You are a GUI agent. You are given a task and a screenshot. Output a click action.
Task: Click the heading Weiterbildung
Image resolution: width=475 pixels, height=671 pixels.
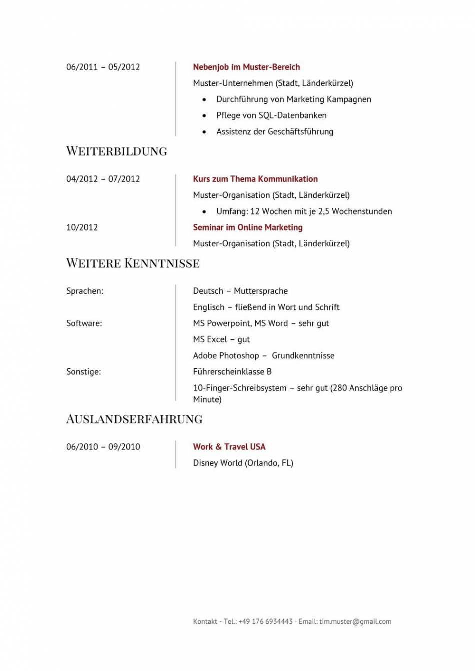pyautogui.click(x=116, y=151)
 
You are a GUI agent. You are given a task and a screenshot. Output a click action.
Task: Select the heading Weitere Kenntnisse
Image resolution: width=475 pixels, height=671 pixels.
pyautogui.click(x=133, y=263)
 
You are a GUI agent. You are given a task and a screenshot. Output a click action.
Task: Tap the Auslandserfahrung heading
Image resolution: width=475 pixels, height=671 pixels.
pyautogui.click(x=134, y=419)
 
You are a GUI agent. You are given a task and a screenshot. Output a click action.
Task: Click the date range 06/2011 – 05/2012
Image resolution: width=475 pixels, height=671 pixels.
pyautogui.click(x=103, y=67)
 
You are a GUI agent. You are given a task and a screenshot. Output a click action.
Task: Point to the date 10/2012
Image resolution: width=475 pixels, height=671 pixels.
pyautogui.click(x=82, y=227)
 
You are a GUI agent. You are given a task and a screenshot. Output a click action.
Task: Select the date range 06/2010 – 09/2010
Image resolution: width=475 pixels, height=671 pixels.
pyautogui.click(x=103, y=447)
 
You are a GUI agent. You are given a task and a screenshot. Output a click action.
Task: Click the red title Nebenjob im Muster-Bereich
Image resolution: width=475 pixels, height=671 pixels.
pyautogui.click(x=246, y=67)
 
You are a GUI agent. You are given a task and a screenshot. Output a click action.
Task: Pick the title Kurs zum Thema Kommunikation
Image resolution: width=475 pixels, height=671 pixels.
pyautogui.click(x=255, y=179)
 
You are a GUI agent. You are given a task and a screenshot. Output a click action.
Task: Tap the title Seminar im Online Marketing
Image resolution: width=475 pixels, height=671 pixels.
pyautogui.click(x=248, y=227)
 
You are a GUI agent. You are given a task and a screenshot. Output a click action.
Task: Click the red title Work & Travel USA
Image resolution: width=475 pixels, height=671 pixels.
pyautogui.click(x=229, y=447)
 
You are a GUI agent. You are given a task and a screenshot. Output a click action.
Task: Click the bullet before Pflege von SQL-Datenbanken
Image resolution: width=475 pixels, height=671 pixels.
pyautogui.click(x=204, y=116)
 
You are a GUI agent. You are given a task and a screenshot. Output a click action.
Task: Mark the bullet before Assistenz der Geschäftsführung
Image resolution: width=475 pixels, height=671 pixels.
pyautogui.click(x=204, y=132)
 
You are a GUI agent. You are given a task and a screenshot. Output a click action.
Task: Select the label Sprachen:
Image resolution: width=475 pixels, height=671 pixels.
pyautogui.click(x=85, y=291)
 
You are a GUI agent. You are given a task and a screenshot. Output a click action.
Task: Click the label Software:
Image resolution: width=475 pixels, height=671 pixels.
pyautogui.click(x=84, y=323)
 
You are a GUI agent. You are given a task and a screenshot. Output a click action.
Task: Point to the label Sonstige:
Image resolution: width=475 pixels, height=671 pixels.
pyautogui.click(x=83, y=372)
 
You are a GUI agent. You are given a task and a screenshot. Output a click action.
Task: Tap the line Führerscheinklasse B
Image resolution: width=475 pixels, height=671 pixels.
pyautogui.click(x=232, y=372)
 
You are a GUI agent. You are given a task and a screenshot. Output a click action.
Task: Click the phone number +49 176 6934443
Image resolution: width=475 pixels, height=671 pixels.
pyautogui.click(x=265, y=621)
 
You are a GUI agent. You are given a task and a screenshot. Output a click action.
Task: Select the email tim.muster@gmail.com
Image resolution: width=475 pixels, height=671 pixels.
pyautogui.click(x=355, y=621)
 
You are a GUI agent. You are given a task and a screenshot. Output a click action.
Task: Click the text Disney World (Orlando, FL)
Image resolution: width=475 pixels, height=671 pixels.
pyautogui.click(x=243, y=463)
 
